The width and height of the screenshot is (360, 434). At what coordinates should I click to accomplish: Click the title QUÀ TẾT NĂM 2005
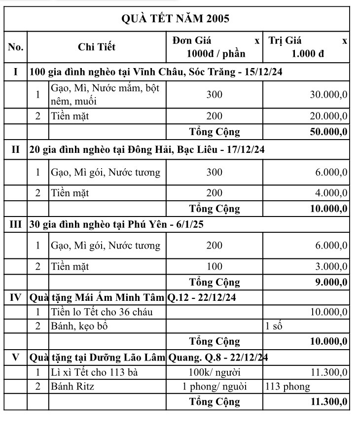point(175,19)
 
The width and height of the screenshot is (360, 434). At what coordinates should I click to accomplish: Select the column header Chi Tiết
point(97,47)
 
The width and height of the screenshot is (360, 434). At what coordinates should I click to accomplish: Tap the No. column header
point(16,47)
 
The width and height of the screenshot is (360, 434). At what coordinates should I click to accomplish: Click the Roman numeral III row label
point(16,224)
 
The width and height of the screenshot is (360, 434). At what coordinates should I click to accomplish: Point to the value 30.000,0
point(328,95)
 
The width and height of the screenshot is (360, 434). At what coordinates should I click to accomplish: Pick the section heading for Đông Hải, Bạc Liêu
point(147,149)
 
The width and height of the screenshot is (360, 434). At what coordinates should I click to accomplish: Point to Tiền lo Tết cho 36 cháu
point(102,312)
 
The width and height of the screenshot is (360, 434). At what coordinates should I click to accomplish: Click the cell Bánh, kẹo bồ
point(79,326)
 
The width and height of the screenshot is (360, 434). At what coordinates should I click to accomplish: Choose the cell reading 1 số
point(274,326)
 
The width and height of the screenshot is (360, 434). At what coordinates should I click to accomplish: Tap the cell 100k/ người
point(214,372)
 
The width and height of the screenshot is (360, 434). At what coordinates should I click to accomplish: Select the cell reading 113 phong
point(288,386)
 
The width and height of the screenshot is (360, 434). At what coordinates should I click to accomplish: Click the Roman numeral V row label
point(16,357)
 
